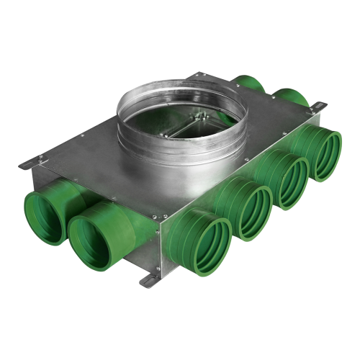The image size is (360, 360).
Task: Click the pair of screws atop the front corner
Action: pyautogui.click(x=161, y=213)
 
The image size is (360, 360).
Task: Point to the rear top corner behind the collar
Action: pyautogui.click(x=205, y=75)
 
